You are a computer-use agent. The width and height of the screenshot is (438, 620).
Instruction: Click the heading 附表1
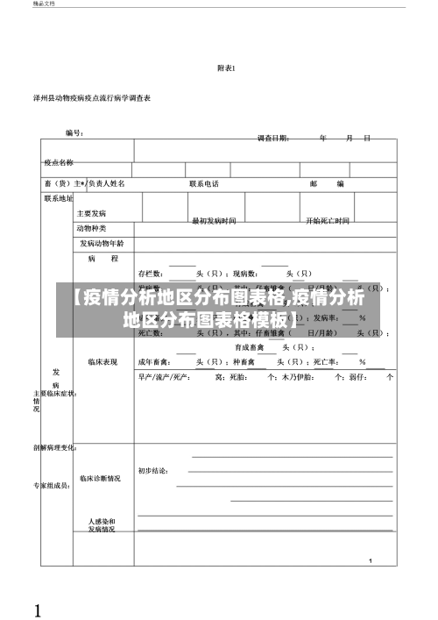tap(226, 68)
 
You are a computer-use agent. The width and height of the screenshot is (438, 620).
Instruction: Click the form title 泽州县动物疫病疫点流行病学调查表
tap(92, 98)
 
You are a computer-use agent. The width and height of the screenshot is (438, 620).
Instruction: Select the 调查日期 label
tap(273, 139)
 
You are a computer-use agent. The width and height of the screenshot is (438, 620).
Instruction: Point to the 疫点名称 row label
tap(60, 162)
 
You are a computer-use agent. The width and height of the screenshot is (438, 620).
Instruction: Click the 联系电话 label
tap(204, 184)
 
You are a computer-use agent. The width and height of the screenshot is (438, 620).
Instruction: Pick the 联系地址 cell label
tap(59, 199)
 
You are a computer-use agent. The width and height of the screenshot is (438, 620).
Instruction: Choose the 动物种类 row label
tap(91, 228)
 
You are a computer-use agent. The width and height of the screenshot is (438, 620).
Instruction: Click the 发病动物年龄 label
tap(102, 243)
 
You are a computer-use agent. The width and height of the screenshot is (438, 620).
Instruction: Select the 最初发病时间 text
tap(214, 221)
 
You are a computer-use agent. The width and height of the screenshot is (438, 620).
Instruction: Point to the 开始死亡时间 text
tap(328, 221)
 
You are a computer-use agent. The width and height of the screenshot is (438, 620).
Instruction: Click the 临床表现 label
tap(102, 361)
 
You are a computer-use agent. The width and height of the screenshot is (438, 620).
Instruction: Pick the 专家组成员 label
tap(52, 485)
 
